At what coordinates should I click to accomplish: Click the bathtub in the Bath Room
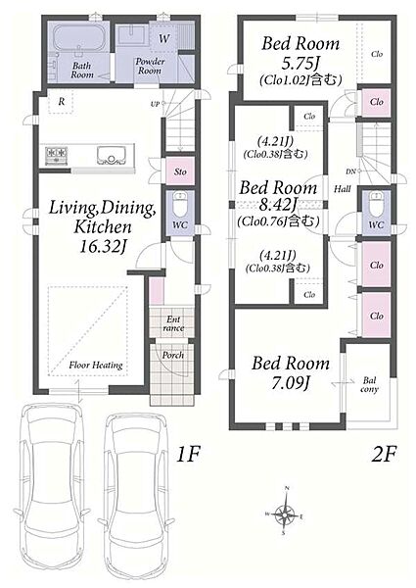(78, 37)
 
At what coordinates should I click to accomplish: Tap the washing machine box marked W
(163, 38)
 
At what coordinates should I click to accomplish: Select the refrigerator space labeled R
(62, 101)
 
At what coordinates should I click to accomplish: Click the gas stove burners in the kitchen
(57, 155)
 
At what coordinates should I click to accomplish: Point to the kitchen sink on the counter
(112, 155)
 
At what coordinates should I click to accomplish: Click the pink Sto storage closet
(180, 171)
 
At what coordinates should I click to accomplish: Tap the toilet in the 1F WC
(180, 203)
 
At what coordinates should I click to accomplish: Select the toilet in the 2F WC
(376, 203)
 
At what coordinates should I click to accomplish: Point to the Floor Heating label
(96, 365)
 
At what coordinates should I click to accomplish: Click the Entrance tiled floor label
(173, 323)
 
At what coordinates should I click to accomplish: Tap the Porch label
(173, 355)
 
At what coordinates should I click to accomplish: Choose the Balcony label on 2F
(369, 385)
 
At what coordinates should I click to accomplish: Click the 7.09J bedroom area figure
(291, 383)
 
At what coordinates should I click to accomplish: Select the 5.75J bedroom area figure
(300, 64)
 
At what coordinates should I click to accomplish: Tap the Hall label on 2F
(343, 189)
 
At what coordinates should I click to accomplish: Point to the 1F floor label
(188, 455)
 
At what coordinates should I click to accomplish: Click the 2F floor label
(384, 455)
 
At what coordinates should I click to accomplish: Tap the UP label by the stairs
(155, 104)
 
